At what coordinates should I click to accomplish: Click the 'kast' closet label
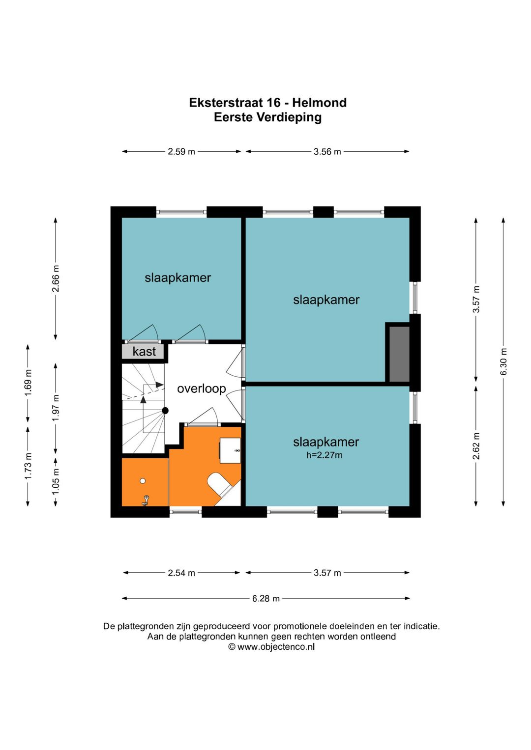click(144, 352)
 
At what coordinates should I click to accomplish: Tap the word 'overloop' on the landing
click(201, 389)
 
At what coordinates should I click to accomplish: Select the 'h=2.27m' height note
click(324, 455)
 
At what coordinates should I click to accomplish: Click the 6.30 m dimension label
click(503, 361)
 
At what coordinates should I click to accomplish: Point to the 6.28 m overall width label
click(265, 598)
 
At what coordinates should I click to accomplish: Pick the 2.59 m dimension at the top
click(181, 152)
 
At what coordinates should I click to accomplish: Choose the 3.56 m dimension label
click(327, 152)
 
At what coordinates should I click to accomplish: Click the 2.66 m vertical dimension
click(56, 278)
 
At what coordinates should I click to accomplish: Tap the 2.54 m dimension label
click(181, 573)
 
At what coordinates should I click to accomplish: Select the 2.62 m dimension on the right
click(476, 446)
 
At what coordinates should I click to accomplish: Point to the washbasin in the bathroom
click(230, 450)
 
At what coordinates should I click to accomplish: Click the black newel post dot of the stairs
click(165, 411)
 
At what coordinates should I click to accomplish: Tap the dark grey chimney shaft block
click(399, 354)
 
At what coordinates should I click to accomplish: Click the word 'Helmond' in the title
click(319, 103)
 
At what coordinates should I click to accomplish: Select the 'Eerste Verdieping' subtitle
click(267, 117)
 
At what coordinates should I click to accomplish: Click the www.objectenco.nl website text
click(275, 647)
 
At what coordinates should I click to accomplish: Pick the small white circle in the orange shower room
click(143, 481)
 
